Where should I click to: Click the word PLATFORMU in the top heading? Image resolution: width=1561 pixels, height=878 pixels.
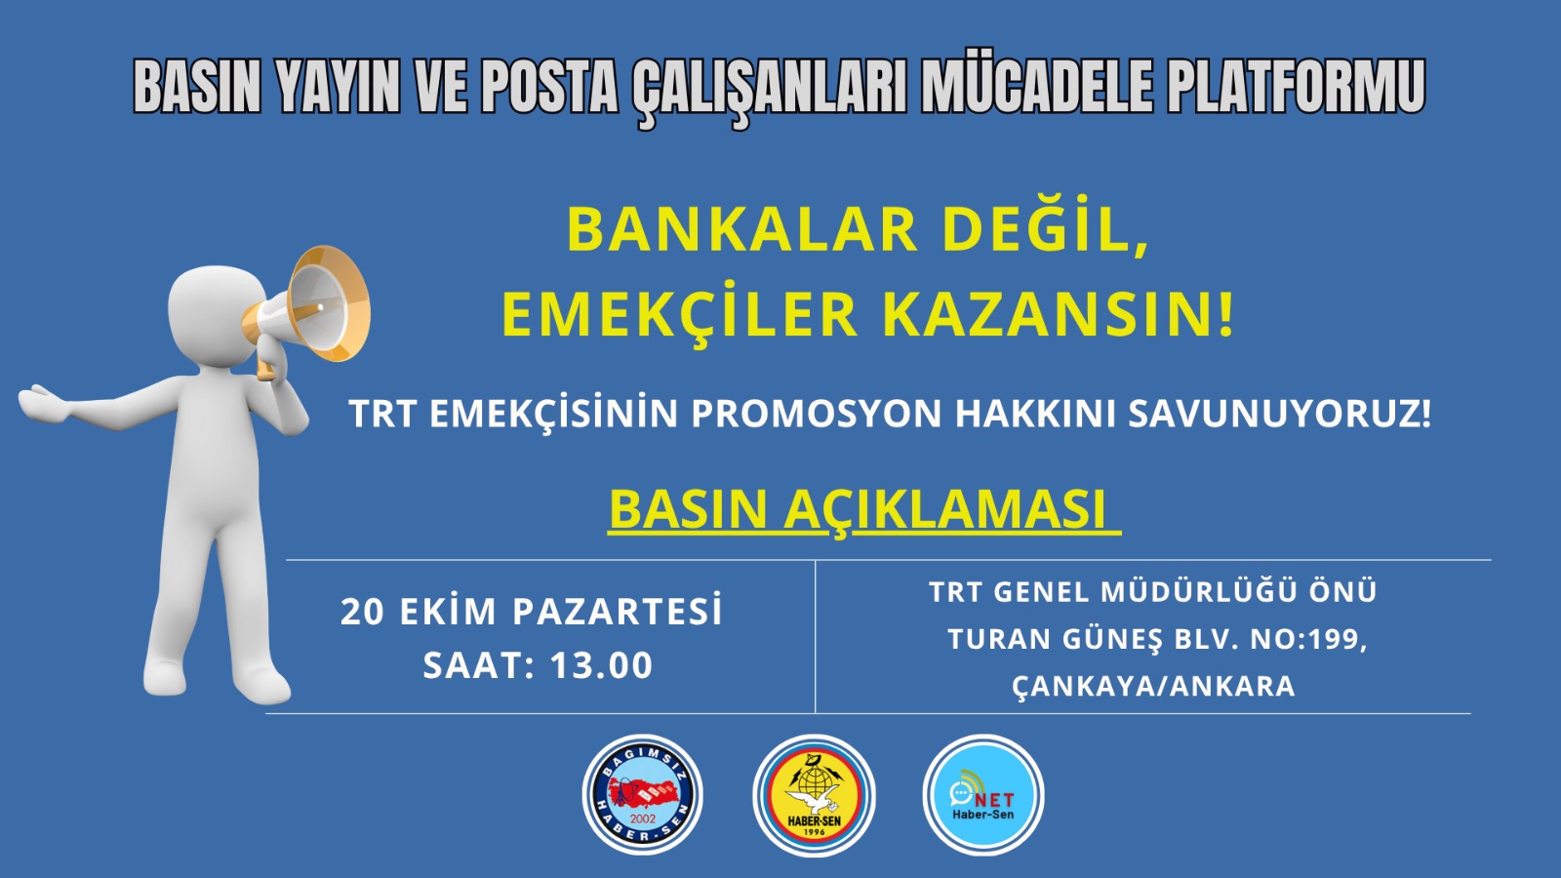[x=1297, y=88]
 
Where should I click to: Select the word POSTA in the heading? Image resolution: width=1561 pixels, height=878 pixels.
[x=549, y=88]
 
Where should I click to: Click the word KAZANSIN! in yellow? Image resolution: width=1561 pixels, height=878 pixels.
[x=1060, y=316]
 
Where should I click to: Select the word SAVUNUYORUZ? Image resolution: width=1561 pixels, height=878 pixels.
[x=1279, y=414]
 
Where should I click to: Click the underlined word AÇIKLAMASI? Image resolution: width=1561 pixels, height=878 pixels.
[x=945, y=511]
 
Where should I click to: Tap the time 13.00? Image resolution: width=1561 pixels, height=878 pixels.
[x=601, y=665]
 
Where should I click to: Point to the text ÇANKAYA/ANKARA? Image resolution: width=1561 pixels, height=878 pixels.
[x=1153, y=687]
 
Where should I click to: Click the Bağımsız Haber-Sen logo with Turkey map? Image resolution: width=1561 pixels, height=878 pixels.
[x=643, y=795]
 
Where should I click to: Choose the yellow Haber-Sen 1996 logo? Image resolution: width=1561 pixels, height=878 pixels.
[x=814, y=795]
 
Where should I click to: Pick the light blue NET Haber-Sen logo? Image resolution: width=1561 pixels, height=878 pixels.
[x=983, y=795]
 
